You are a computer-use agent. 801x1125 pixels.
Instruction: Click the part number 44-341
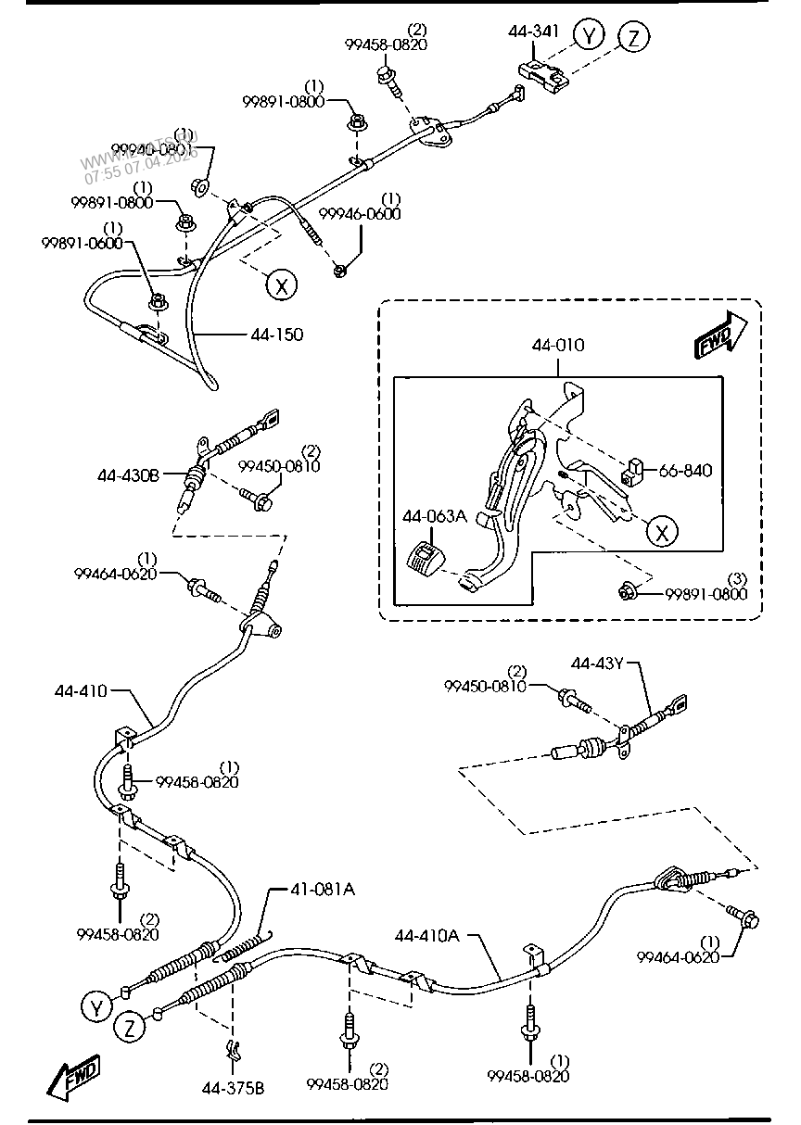click(533, 31)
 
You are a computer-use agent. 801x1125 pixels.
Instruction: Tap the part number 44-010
click(557, 345)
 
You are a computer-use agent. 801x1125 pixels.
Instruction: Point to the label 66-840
click(685, 471)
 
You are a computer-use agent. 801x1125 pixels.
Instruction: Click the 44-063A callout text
click(434, 516)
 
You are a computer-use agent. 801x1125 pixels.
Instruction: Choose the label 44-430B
click(128, 475)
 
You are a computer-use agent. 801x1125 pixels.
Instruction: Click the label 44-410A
click(426, 935)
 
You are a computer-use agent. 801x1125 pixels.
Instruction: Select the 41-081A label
click(323, 890)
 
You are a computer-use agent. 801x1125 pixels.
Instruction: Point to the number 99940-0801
click(151, 148)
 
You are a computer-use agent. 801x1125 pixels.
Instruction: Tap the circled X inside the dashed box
click(662, 531)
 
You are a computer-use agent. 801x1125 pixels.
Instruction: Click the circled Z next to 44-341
click(634, 37)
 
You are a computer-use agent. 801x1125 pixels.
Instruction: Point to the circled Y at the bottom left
click(95, 1005)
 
